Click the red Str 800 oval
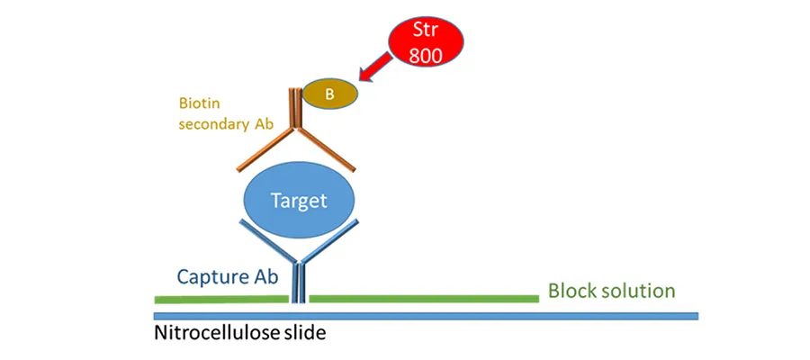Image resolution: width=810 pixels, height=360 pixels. pos(426,40)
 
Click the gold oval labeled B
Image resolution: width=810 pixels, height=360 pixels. pos(329,92)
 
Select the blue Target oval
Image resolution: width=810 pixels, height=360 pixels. pos(299,201)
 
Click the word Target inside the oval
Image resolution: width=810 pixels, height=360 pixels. pos(299,201)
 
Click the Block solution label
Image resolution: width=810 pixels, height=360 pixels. pos(611,291)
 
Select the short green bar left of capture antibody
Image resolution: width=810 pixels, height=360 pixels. pos(220,298)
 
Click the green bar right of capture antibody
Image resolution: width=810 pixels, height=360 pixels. pos(423,298)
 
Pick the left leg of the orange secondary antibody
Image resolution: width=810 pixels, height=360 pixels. pos(266,149)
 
